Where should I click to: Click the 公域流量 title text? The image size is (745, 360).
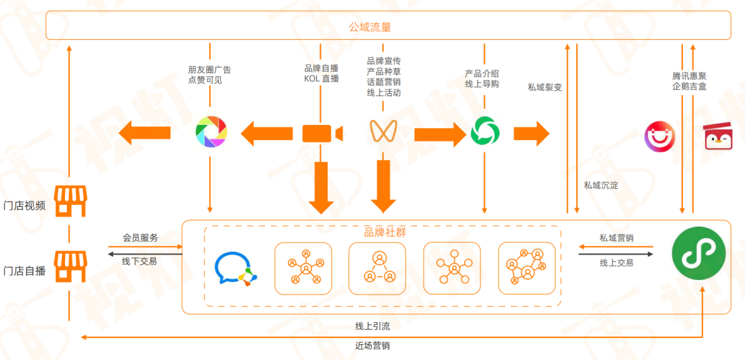tap(370, 27)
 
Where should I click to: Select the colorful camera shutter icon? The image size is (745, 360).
tap(210, 132)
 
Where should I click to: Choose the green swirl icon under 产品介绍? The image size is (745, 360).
tap(484, 131)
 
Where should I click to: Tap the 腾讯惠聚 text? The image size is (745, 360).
tap(689, 76)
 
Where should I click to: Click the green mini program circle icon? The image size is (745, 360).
tap(699, 253)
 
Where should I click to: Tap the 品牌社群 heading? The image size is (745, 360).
tap(384, 232)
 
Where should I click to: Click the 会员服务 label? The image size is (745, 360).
tap(140, 238)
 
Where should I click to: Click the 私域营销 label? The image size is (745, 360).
tap(616, 238)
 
